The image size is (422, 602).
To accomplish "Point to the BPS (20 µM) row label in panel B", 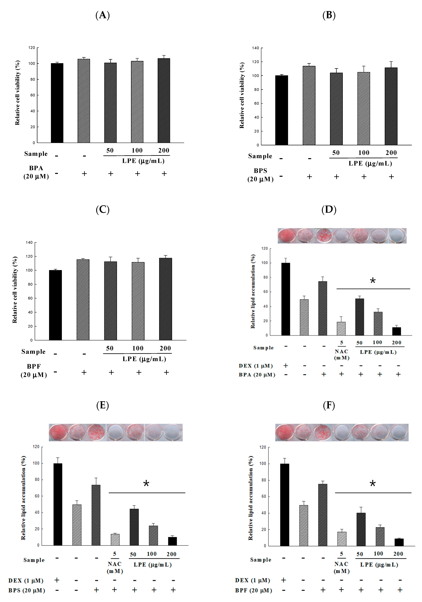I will click(x=261, y=175).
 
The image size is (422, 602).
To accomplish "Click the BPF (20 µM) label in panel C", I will click(x=34, y=370).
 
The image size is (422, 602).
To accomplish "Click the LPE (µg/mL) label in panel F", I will click(x=379, y=565).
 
